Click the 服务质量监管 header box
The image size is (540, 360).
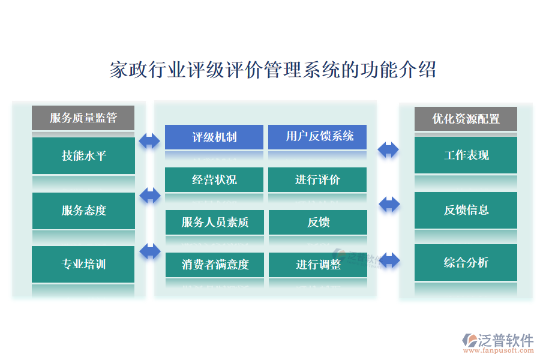[83, 118]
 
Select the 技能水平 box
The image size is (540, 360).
[83, 155]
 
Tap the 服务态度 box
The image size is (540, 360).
[83, 210]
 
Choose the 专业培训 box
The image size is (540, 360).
[83, 263]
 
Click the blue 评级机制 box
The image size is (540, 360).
[214, 137]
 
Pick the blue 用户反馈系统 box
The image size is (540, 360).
[317, 137]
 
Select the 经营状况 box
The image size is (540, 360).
[214, 179]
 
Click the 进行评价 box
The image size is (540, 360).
[317, 179]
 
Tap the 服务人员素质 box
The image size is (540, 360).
[214, 222]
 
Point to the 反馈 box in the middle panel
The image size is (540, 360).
[317, 222]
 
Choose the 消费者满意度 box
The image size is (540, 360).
[214, 264]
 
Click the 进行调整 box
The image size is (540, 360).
[317, 264]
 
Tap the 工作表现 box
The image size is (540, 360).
[466, 155]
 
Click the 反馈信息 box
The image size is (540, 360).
[466, 210]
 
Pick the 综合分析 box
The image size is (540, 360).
[466, 262]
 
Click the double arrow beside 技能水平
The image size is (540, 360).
[149, 141]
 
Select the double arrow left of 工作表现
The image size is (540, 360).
[388, 149]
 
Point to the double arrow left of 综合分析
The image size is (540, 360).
[389, 260]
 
